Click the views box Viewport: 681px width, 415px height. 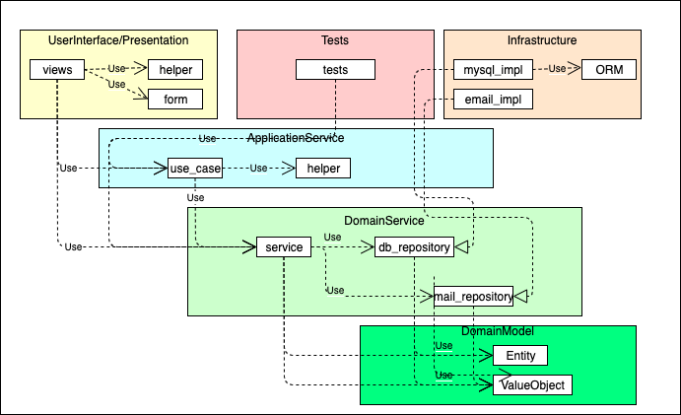(57, 70)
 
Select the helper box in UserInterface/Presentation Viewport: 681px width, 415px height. (175, 70)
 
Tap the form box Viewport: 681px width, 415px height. (175, 99)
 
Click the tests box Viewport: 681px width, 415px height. (335, 70)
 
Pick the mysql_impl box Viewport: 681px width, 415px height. (493, 70)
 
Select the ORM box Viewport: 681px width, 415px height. (608, 70)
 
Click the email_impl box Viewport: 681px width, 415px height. (493, 100)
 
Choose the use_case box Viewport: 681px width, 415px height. (194, 169)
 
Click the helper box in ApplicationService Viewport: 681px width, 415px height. (323, 169)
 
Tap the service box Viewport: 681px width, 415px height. (284, 247)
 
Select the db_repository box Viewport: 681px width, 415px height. (414, 247)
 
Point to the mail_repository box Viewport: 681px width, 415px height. (473, 296)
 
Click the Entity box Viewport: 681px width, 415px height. (519, 355)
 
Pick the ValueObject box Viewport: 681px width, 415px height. (532, 384)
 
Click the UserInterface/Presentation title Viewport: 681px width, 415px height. (118, 40)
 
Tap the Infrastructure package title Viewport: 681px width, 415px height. (541, 40)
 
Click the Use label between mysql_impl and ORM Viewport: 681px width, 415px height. (558, 69)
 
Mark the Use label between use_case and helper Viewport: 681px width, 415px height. (259, 169)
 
